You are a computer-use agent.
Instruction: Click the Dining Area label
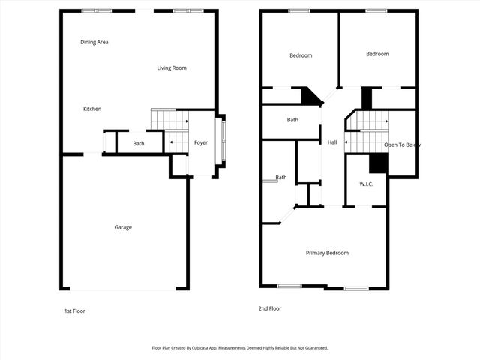[94, 42]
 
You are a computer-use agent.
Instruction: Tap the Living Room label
[172, 68]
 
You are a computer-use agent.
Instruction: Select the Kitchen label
[92, 109]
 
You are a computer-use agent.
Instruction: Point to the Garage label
[123, 227]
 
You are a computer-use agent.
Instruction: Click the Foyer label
[201, 142]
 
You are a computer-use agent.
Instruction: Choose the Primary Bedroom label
[327, 253]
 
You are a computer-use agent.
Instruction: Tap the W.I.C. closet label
[367, 184]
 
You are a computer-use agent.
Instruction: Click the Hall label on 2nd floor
[332, 142]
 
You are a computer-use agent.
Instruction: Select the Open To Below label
[403, 145]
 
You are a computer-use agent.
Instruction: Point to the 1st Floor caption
[74, 310]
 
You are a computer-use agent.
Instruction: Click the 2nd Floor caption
[270, 308]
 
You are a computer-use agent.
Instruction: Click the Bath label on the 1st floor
[139, 144]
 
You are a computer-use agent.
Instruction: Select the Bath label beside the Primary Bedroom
[281, 178]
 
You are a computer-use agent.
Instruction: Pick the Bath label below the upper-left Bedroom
[292, 120]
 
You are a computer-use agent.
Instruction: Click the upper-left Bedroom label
[301, 55]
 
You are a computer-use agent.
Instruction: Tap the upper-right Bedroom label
[377, 54]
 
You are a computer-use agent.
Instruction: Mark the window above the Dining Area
[96, 10]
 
